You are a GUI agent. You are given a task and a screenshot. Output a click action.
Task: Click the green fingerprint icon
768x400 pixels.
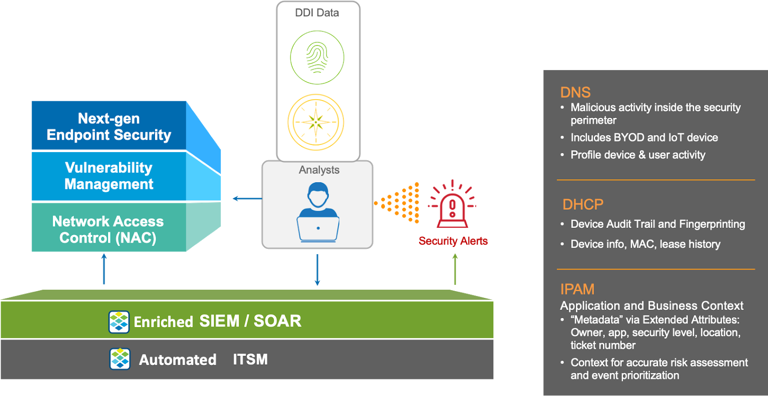317,58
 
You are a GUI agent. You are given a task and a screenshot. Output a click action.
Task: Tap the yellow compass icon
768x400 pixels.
316,122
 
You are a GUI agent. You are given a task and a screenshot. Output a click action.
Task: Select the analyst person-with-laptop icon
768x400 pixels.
318,215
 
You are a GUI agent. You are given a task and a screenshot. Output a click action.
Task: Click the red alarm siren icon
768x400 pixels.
452,205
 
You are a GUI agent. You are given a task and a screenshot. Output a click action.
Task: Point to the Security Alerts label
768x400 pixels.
453,241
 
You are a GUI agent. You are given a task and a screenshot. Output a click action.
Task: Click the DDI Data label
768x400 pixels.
317,13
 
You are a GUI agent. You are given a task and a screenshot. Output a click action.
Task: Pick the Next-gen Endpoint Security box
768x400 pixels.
109,127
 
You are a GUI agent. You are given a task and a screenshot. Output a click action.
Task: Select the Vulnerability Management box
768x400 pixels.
109,176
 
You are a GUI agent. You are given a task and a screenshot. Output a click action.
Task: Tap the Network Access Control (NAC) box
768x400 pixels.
108,229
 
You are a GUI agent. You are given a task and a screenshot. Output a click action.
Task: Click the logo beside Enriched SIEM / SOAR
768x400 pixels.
119,322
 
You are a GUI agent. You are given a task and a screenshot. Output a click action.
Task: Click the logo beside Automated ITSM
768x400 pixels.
120,359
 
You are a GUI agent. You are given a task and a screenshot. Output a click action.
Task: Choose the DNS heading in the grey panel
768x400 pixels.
575,92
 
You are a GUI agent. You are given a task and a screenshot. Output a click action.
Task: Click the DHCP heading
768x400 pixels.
583,205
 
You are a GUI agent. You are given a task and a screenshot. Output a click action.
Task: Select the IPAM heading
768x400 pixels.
577,289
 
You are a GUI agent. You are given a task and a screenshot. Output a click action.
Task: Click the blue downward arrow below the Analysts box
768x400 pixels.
317,270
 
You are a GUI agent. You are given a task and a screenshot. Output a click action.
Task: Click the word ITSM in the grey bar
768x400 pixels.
250,360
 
